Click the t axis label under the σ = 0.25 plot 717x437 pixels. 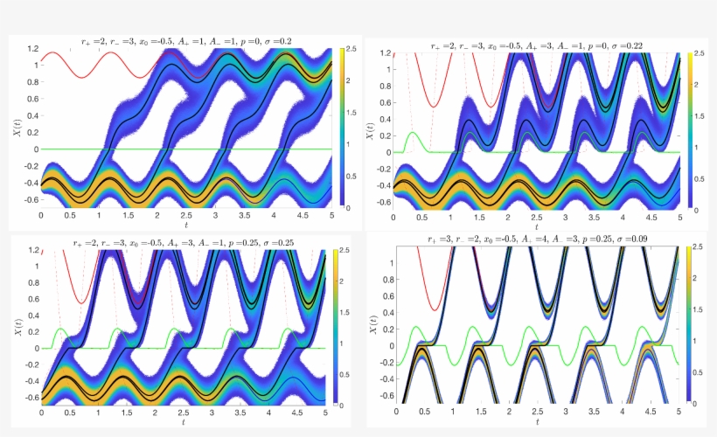[185, 422]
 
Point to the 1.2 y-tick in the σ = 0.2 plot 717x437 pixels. [32, 48]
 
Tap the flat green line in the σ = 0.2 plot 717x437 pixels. [219, 149]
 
